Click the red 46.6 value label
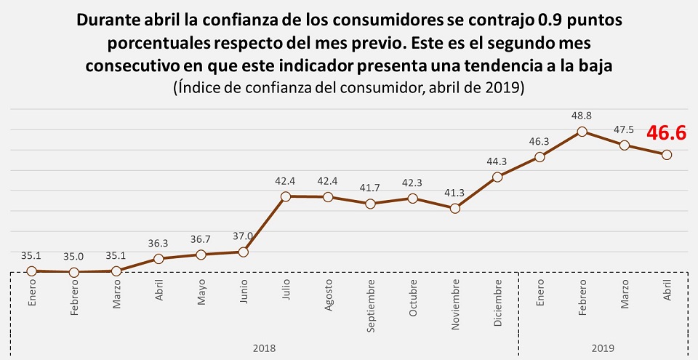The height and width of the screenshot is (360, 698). pos(667,132)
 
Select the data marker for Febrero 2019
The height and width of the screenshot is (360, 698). pos(582,132)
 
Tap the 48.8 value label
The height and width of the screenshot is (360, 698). pos(582,116)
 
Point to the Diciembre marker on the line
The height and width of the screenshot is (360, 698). pos(497,177)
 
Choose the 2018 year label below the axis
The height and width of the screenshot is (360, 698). pos(264,348)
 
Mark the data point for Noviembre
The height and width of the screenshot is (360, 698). pos(455,209)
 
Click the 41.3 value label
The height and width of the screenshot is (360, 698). pos(455,193)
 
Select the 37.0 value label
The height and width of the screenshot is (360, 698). pos(244,236)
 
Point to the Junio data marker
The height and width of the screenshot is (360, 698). pos(244,252)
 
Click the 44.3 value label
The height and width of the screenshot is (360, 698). pos(497,161)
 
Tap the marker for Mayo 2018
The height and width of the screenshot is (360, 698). pos(201,255)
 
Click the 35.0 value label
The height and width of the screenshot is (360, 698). pos(73,256)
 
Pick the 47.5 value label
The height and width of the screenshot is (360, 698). pos(624,129)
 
